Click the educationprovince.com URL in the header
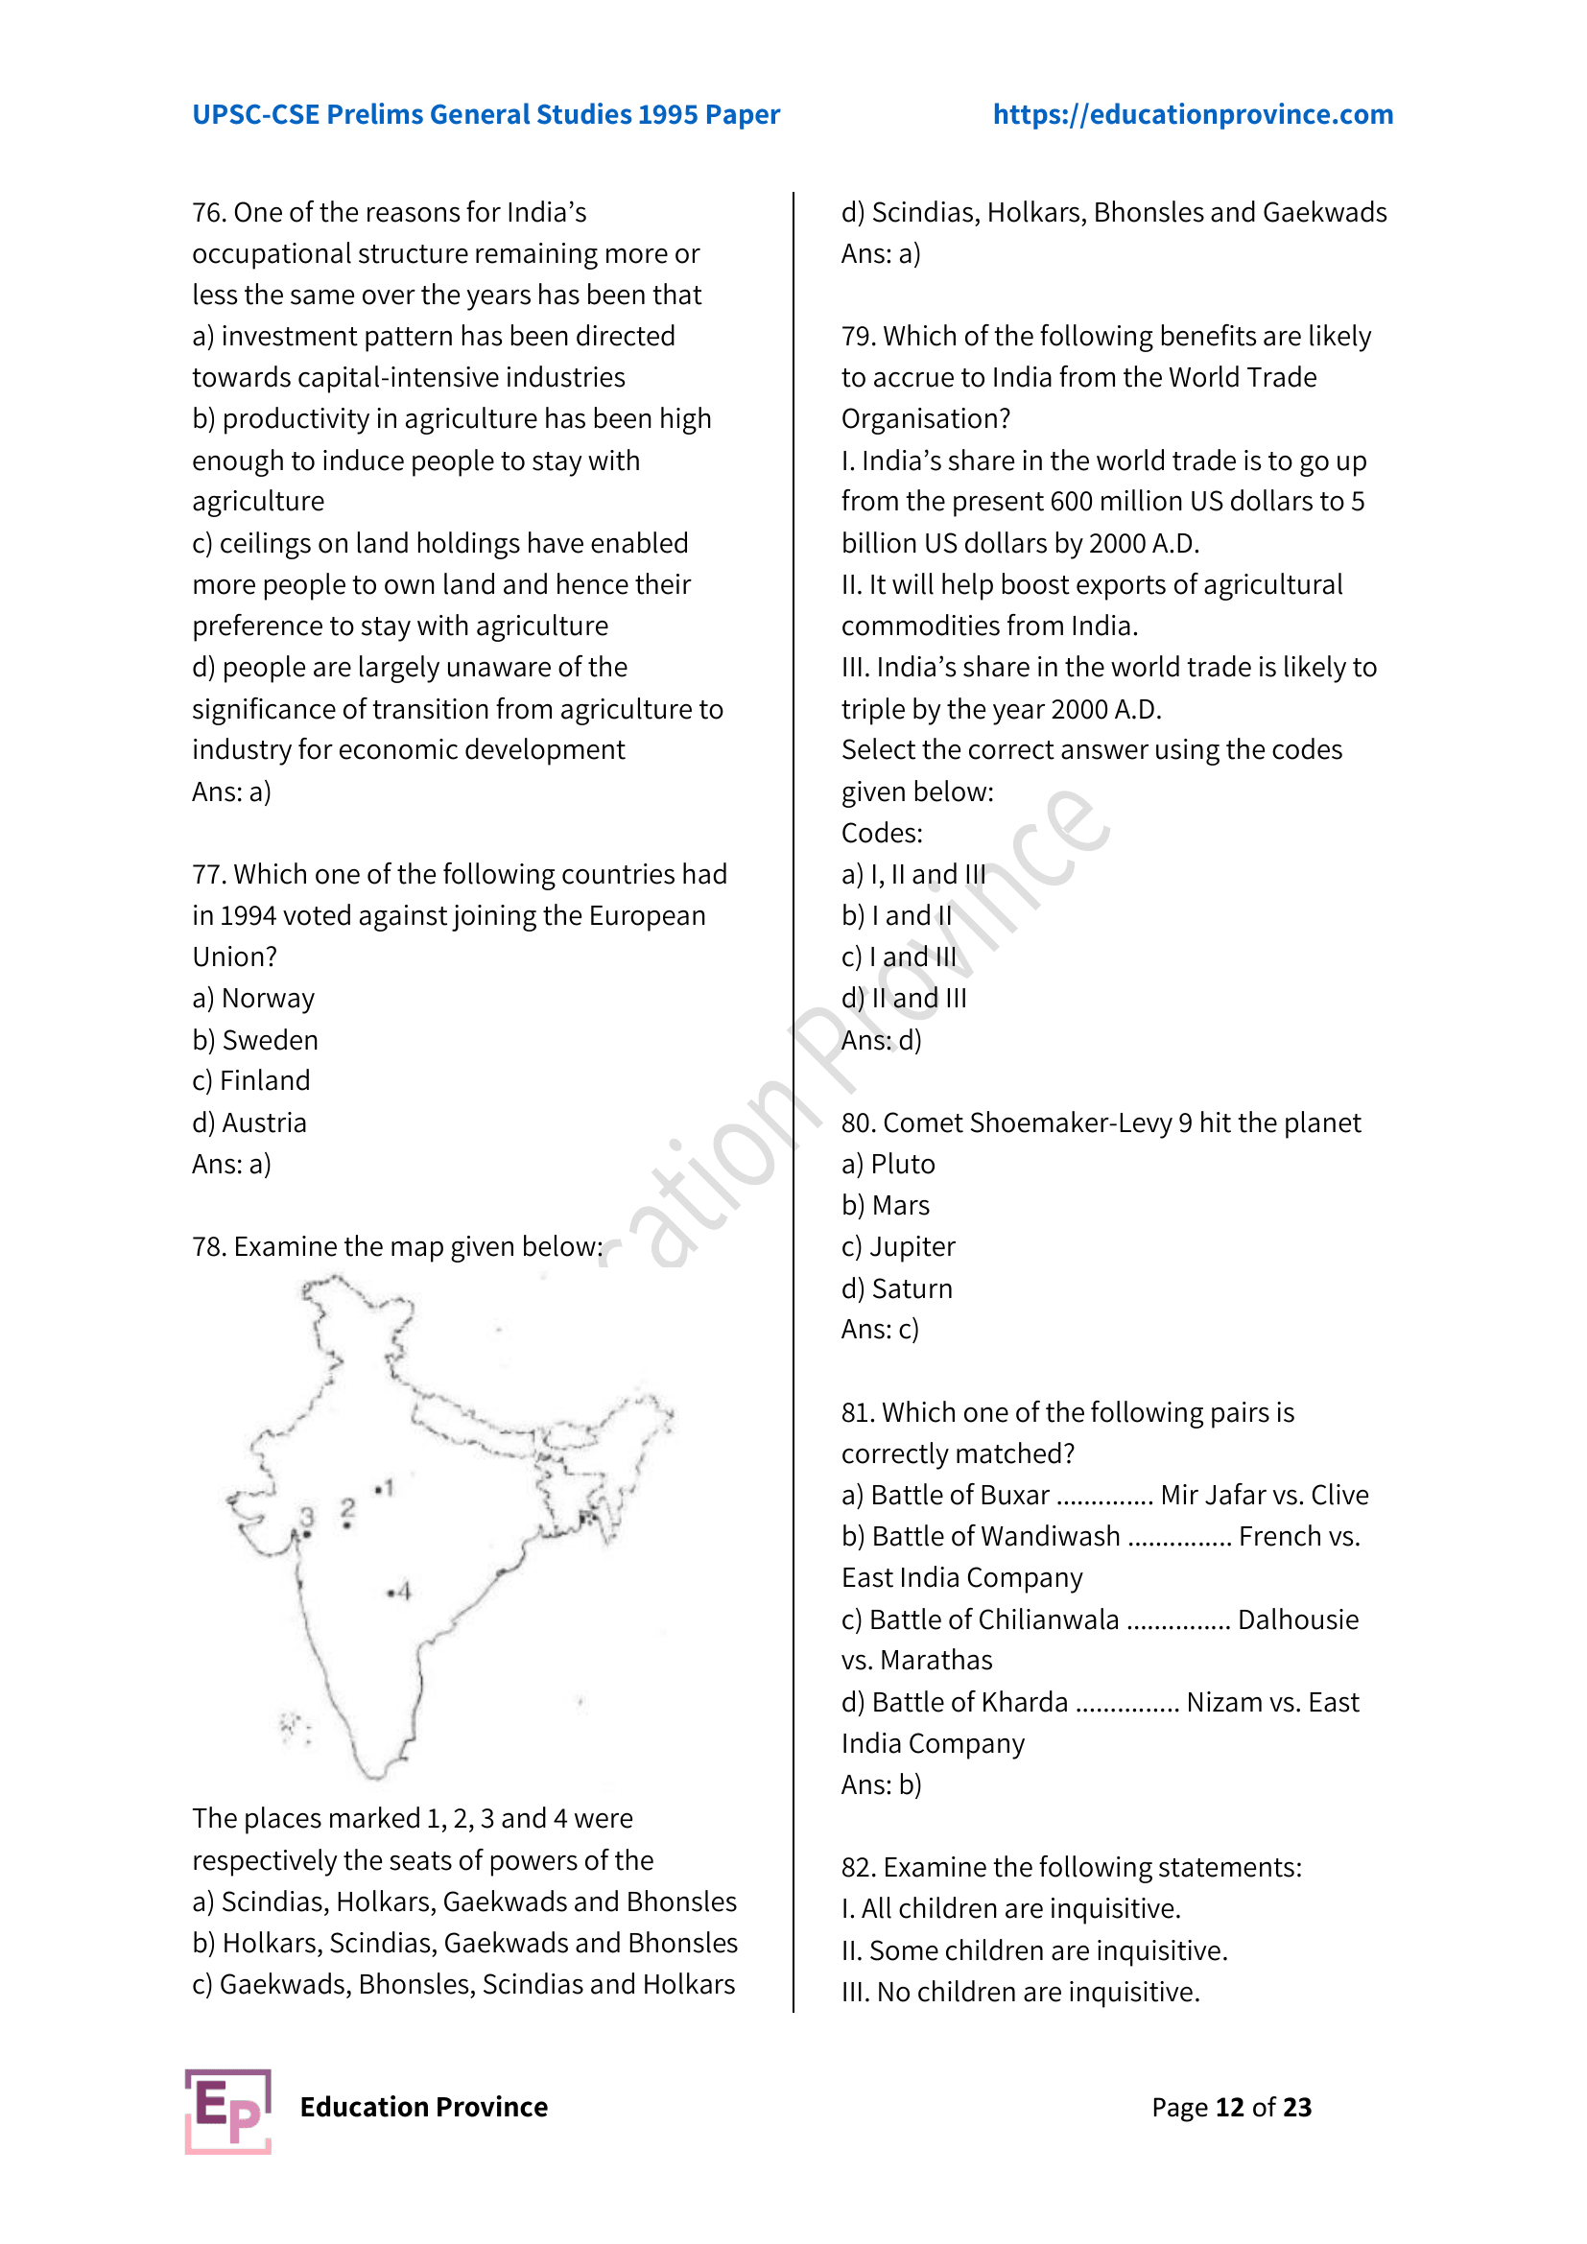coord(1193,114)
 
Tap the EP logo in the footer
coord(227,2111)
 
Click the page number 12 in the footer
coord(1229,2107)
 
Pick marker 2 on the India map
coord(348,1512)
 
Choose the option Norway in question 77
coord(268,999)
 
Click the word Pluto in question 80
coord(902,1165)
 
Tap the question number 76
coord(208,213)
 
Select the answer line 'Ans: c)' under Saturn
coord(880,1330)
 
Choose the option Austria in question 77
coord(264,1123)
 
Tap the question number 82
coord(858,1868)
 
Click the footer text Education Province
coord(423,2107)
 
